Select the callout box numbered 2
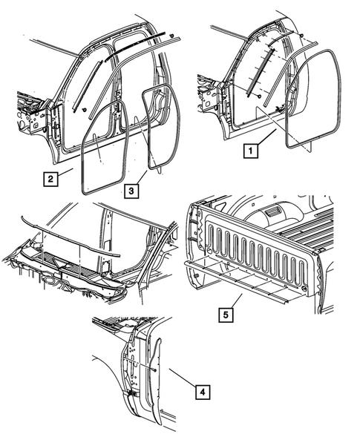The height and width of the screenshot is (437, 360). pos(49,178)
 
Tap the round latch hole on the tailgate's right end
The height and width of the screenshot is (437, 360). pos(305,288)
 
